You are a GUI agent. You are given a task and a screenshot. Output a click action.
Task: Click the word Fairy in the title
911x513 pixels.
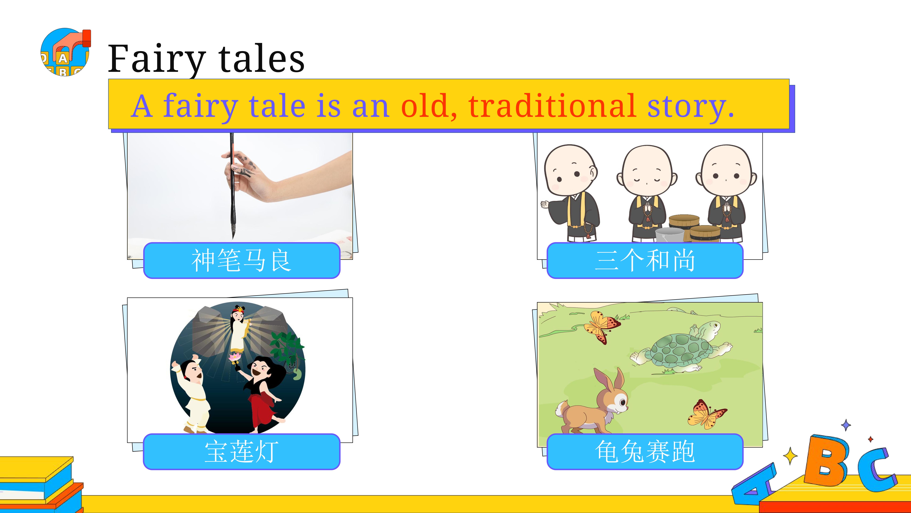[x=157, y=59]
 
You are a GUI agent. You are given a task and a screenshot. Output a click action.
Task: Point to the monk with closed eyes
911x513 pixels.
[x=647, y=193]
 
